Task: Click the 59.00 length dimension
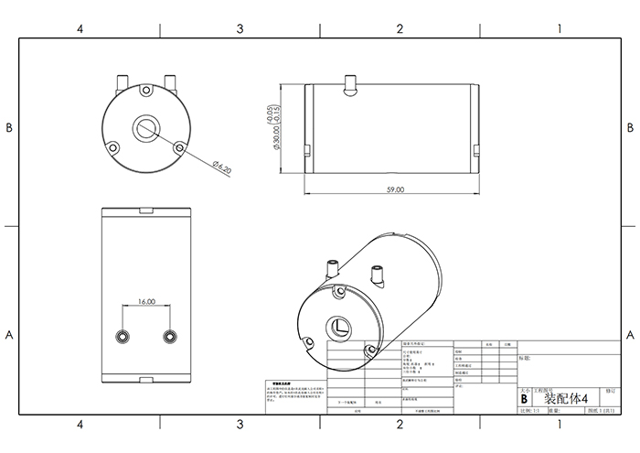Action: tap(394, 189)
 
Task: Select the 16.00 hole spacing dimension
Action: tap(146, 300)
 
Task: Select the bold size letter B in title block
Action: tap(523, 399)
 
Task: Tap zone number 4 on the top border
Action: tap(80, 29)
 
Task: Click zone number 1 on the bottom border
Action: tap(559, 426)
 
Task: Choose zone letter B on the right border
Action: tap(630, 128)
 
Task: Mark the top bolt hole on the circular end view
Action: tap(145, 92)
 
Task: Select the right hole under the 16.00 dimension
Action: tap(169, 336)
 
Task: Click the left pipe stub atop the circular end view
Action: tap(122, 81)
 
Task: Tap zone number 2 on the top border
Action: tap(400, 29)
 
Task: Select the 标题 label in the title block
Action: tap(524, 359)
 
